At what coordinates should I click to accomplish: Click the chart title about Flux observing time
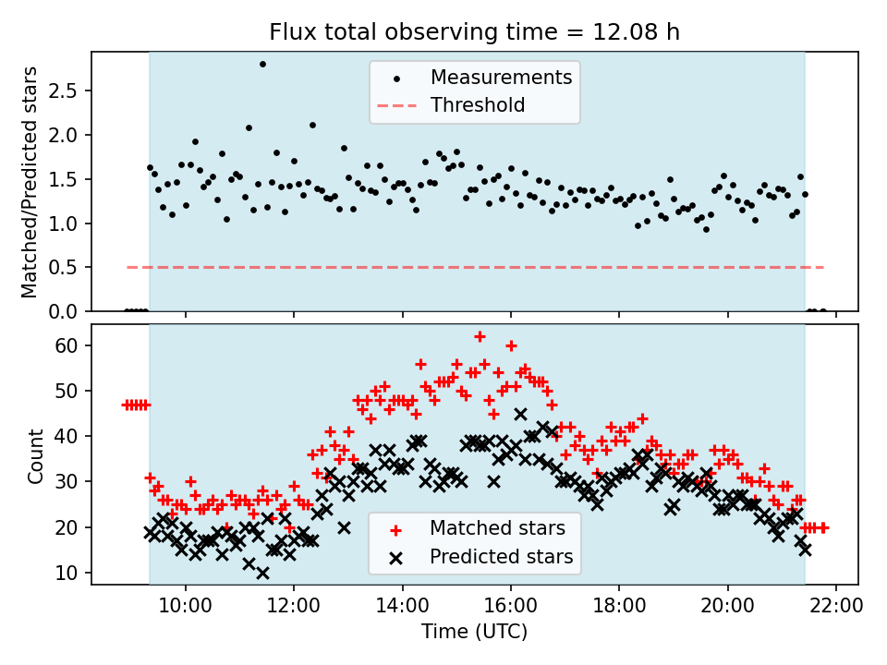click(474, 32)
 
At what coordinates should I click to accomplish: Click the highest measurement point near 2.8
click(262, 65)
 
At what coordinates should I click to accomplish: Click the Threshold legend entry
click(477, 105)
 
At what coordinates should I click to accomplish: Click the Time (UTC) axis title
click(474, 632)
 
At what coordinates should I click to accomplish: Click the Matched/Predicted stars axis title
click(30, 182)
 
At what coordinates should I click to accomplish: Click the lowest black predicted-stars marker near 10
click(262, 573)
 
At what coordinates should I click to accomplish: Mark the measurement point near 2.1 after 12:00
click(312, 125)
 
